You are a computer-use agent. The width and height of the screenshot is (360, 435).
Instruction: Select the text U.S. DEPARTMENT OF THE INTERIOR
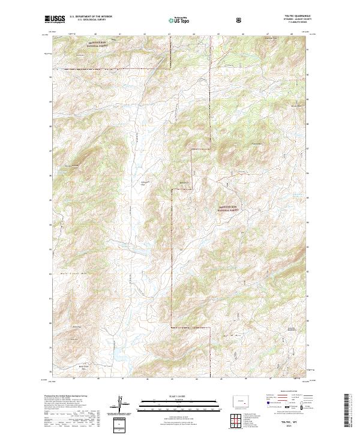pyautogui.click(x=91, y=17)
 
